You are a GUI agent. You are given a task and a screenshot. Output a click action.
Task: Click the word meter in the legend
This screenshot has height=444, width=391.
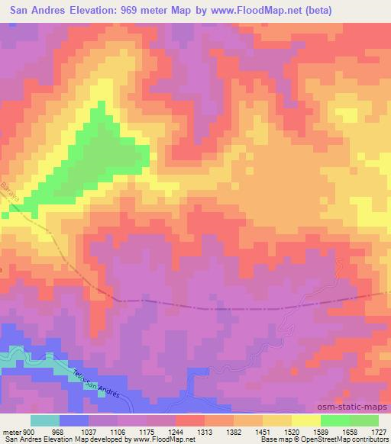[12, 431]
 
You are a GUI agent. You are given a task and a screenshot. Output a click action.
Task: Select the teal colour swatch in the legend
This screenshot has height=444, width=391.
[45, 420]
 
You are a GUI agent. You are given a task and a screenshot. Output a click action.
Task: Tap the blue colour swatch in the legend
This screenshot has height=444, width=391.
[74, 420]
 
